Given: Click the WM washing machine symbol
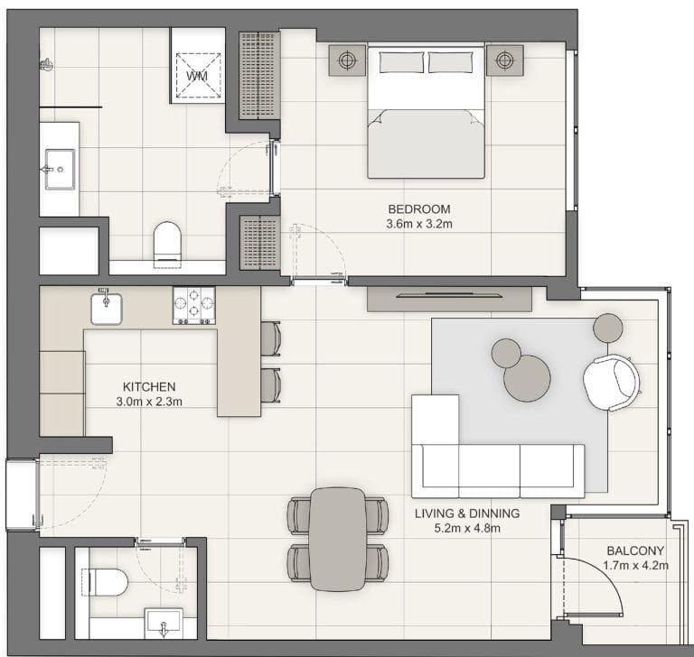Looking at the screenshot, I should [x=197, y=76].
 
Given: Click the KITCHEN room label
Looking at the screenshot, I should [x=149, y=386].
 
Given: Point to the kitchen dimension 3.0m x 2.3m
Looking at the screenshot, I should [x=149, y=402].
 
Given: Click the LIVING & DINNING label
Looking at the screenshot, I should [x=467, y=514].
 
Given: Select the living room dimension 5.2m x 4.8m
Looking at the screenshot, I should [x=467, y=529].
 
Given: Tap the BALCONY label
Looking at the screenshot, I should [x=635, y=551].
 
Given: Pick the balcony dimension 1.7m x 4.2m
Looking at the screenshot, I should [x=635, y=567].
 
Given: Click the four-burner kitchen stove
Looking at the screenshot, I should [x=194, y=306].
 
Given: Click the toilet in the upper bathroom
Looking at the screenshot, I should [x=167, y=243].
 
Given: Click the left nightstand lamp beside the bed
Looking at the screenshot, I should [x=347, y=61].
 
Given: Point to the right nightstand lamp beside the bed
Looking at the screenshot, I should [x=502, y=61].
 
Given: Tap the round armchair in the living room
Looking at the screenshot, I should [x=611, y=382].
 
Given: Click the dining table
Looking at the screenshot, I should [x=338, y=538].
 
